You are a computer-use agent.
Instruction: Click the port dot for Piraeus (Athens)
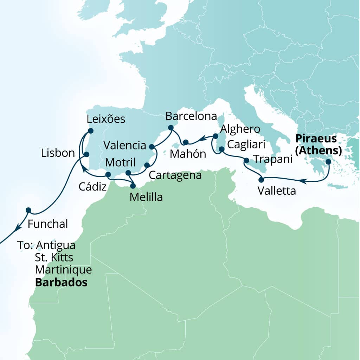(328, 162)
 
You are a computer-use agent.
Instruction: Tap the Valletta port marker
(261, 180)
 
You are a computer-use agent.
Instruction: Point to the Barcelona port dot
(171, 128)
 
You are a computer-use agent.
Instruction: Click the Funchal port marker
(28, 210)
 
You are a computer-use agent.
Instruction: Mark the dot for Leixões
(90, 131)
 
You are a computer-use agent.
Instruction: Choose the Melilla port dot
(133, 186)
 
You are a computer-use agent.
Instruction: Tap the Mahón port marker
(186, 142)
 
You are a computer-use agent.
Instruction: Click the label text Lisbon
(58, 153)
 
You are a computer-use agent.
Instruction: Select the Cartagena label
(175, 175)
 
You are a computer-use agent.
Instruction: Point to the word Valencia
(125, 145)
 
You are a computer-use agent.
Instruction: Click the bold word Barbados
(61, 282)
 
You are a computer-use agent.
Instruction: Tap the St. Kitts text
(54, 257)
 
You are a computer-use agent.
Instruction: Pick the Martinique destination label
(63, 270)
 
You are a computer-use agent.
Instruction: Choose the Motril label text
(120, 163)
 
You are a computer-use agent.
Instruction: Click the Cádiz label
(93, 186)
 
